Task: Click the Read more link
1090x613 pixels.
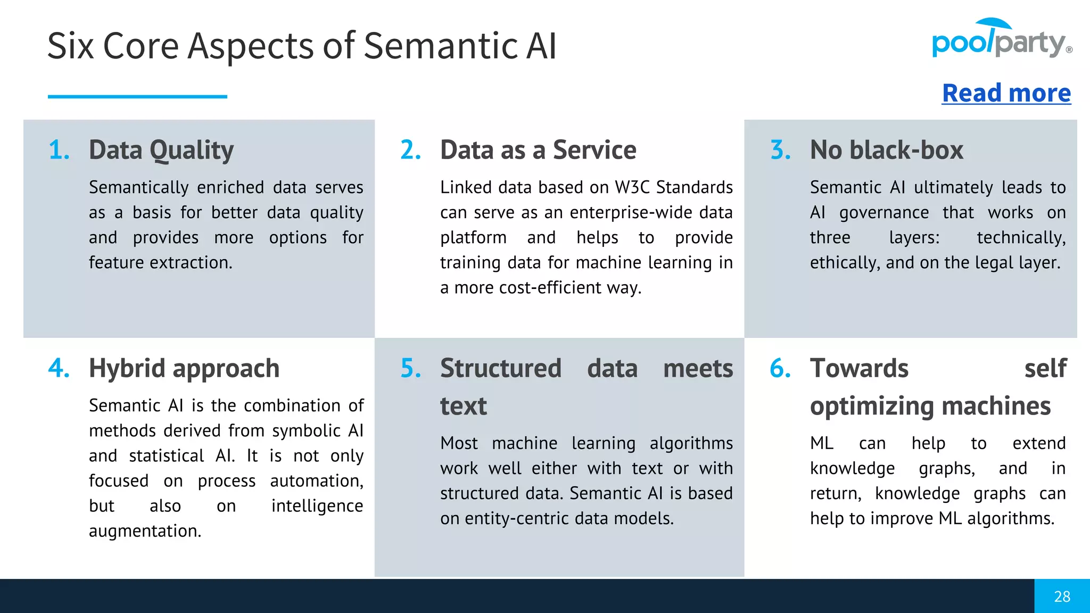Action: tap(1006, 93)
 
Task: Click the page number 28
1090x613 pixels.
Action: tap(1062, 597)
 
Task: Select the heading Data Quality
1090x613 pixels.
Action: tap(161, 150)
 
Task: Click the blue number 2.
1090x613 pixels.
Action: tap(410, 150)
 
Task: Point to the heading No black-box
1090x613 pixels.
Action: tap(886, 150)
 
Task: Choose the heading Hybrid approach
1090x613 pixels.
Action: tap(184, 368)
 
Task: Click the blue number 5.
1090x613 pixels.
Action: tap(410, 368)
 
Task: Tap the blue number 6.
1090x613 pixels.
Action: tap(780, 368)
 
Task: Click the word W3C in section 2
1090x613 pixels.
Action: tap(632, 187)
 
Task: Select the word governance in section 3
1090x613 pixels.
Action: tap(884, 212)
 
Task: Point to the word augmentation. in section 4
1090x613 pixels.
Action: tap(145, 531)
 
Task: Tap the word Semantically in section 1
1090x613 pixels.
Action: tap(138, 187)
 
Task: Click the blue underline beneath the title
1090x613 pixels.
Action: tap(137, 96)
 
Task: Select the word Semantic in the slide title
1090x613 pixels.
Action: tap(441, 46)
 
